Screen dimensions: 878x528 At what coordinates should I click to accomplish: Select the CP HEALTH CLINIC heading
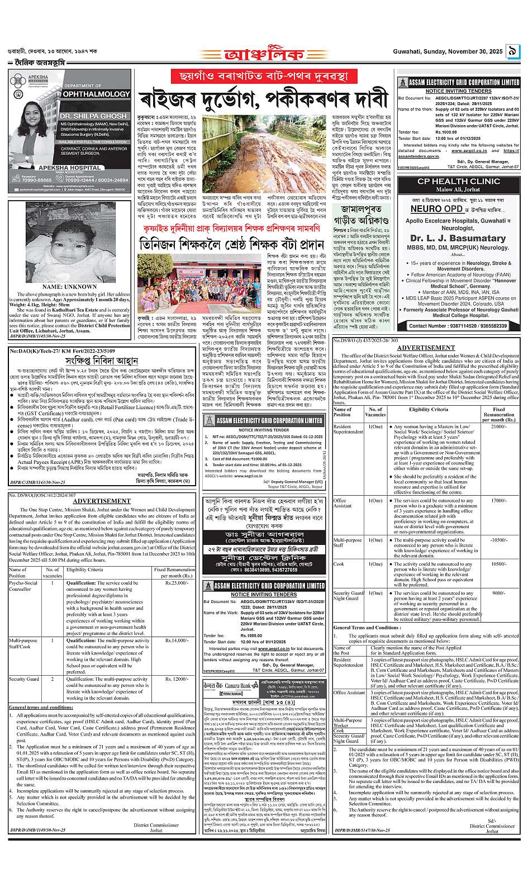click(x=458, y=182)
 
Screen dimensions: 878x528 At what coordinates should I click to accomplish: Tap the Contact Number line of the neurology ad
click(x=458, y=326)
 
